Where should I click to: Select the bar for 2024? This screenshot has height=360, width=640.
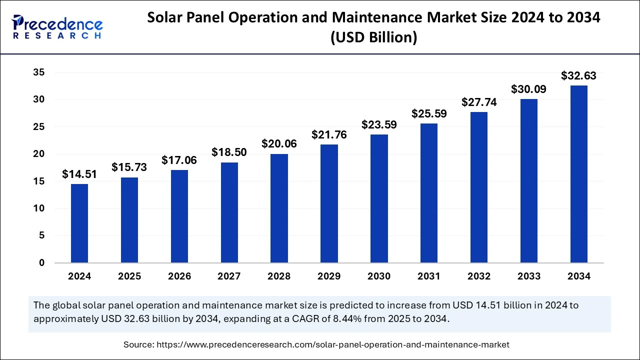pos(79,223)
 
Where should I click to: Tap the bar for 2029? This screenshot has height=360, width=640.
pos(329,203)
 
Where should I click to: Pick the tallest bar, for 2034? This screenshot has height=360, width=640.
pos(578,174)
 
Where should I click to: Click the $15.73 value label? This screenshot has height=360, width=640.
pos(129,167)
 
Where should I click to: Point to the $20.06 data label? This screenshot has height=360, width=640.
pos(279,143)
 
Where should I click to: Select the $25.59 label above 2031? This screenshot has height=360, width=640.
pos(429,113)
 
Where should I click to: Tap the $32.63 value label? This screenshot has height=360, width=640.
pos(578,76)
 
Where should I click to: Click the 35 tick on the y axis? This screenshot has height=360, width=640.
pos(39,73)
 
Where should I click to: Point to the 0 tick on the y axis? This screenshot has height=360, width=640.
pos(42,263)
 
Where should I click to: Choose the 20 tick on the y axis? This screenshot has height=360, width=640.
pos(39,154)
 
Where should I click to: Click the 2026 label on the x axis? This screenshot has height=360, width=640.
pos(179,276)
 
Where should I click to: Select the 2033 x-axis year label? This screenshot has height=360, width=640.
pos(528,276)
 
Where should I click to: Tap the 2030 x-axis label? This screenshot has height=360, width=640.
pos(379,276)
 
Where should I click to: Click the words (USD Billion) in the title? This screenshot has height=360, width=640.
pos(373,37)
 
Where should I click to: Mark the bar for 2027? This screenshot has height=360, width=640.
pos(229,212)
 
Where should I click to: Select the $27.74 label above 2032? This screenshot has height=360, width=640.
pos(478,102)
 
